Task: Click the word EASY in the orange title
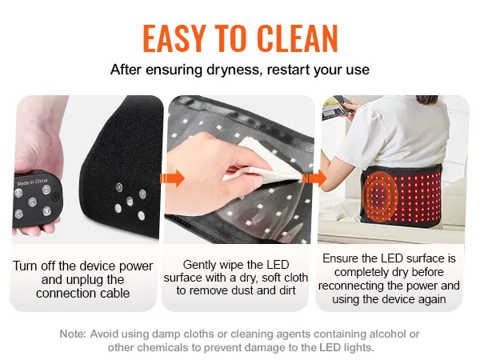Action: tap(174, 38)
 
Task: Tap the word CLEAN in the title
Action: tap(298, 38)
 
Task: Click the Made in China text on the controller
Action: tap(32, 182)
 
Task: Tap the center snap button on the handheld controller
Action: tap(32, 202)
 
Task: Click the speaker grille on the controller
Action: tap(55, 197)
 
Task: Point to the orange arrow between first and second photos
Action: tap(172, 178)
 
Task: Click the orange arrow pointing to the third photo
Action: tap(314, 178)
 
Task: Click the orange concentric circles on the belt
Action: tap(379, 198)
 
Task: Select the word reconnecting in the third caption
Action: tap(351, 286)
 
